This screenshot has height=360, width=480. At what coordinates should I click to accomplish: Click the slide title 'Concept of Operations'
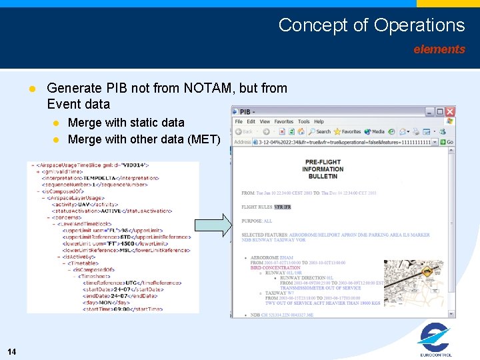[371, 25]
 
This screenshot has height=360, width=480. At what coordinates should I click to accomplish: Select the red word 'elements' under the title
[439, 49]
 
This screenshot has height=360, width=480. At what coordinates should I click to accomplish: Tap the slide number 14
[12, 351]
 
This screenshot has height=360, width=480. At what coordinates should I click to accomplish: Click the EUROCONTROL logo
[435, 340]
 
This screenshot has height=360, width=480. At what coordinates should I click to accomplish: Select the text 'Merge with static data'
[126, 123]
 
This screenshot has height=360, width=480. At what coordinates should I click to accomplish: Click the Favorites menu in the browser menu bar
[283, 121]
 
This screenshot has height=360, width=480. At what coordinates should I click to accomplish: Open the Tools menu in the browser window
[303, 121]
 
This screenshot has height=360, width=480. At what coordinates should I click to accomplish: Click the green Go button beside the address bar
[447, 142]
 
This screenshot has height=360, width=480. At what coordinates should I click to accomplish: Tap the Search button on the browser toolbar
[320, 132]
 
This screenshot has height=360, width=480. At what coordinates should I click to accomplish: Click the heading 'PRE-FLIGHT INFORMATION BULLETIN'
[323, 169]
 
